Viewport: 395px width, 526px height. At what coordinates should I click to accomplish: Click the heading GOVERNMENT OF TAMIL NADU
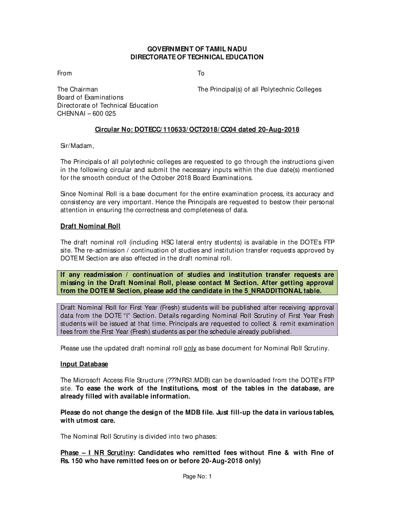point(197,49)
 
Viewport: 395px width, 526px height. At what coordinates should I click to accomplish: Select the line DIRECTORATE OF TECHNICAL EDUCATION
point(197,57)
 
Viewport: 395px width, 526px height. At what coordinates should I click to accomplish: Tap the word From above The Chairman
point(64,73)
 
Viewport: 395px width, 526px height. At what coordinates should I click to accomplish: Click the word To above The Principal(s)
point(201,73)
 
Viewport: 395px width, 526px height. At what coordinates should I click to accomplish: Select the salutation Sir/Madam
point(77,146)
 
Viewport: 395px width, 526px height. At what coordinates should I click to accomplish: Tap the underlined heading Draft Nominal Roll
point(90,226)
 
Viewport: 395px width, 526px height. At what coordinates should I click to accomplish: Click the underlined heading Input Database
point(84,364)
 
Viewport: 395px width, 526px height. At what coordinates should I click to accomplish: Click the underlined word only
point(190,348)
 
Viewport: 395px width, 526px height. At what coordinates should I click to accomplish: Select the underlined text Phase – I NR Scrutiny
point(97,453)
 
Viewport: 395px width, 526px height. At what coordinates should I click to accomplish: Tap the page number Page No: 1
point(197,477)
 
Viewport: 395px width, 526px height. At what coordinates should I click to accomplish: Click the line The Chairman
point(77,89)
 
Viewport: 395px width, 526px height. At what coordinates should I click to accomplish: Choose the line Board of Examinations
point(90,98)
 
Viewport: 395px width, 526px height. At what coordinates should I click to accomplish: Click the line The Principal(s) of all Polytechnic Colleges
point(260,89)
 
